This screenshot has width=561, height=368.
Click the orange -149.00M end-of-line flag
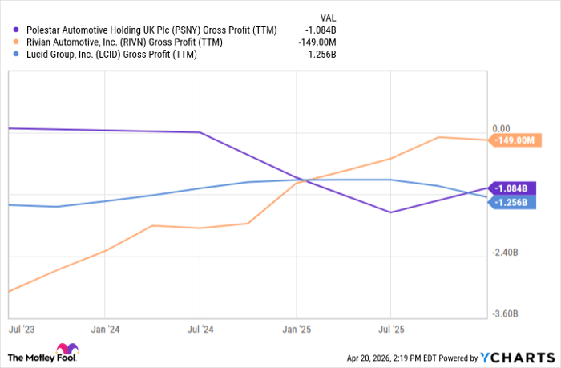pos(514,140)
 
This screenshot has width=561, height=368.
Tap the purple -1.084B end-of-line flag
pos(511,188)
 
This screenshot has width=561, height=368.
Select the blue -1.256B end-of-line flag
pos(511,202)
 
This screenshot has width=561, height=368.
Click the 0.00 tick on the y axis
pos(501,128)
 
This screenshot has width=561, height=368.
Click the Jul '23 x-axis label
pos(22,329)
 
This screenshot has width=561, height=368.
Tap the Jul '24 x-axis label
pos(200,329)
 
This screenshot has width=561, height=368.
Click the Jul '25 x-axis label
pos(390,329)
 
